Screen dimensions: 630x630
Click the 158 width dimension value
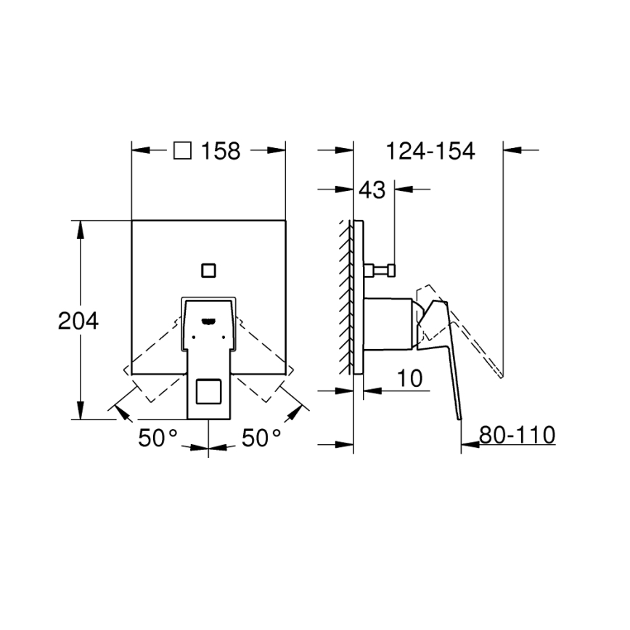click(220, 151)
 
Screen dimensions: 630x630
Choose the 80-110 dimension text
click(517, 435)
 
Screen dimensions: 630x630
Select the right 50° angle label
click(261, 438)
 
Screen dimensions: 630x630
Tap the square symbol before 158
click(183, 150)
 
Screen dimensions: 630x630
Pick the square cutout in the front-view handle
click(209, 392)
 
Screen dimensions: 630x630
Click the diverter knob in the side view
click(381, 271)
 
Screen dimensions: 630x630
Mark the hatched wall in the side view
click(344, 298)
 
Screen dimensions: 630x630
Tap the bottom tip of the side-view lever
click(459, 417)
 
